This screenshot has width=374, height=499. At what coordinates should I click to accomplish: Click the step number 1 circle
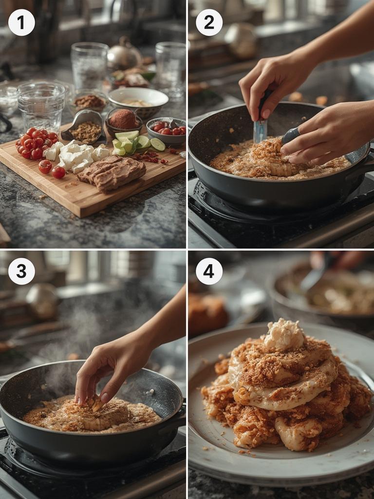21,22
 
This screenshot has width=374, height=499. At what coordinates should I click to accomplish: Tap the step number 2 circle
209,22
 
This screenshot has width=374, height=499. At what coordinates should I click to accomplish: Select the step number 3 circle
21,271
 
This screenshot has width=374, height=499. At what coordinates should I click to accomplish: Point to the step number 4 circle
209,271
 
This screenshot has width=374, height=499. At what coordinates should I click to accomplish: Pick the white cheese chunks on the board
76,156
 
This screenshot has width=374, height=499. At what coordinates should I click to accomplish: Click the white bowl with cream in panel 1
138,102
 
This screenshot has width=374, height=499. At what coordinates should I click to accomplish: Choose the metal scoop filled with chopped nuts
83,127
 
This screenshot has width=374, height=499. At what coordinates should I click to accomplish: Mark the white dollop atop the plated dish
284,335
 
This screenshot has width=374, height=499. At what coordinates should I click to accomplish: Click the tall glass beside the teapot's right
170,68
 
